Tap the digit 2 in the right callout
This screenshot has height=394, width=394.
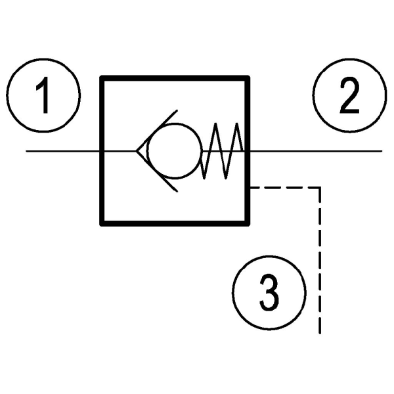pos(348,97)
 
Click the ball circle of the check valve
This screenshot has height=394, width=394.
pos(173,152)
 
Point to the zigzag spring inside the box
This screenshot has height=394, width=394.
pos(223,152)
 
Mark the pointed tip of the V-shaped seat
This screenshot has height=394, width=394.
pos(137,152)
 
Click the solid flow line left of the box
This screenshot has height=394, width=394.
pos(63,152)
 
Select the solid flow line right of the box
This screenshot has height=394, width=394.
pos(315,152)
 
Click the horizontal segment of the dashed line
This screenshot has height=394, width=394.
pos(286,188)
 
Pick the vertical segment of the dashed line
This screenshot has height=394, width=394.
pos(320,263)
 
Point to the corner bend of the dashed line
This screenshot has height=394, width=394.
pos(320,188)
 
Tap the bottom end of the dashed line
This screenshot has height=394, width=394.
pos(320,332)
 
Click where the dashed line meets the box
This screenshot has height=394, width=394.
pos(250,188)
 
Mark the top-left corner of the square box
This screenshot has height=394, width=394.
pos(101,77)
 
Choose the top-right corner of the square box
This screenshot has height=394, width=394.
pos(249,77)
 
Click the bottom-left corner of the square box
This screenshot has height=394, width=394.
pos(101,223)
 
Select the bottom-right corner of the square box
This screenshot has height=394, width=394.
pos(249,223)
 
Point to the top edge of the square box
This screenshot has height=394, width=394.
pos(175,77)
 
